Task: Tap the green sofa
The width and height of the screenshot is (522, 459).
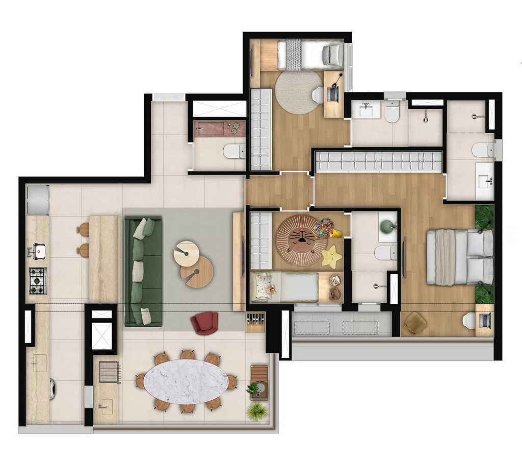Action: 143,271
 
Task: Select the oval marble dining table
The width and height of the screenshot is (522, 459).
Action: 186,382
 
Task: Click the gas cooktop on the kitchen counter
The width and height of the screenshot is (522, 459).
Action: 37,280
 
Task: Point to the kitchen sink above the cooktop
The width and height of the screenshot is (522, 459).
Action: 38,251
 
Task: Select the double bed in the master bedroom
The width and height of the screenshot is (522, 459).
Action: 459,257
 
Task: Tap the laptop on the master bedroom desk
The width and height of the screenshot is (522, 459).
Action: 485,320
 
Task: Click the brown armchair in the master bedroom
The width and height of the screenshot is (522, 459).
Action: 416,322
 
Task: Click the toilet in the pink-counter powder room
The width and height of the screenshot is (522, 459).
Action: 235,151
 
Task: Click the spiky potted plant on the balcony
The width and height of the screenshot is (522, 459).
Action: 257,410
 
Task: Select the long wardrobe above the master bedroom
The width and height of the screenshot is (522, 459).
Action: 379,162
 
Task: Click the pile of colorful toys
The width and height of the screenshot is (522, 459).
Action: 325,227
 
